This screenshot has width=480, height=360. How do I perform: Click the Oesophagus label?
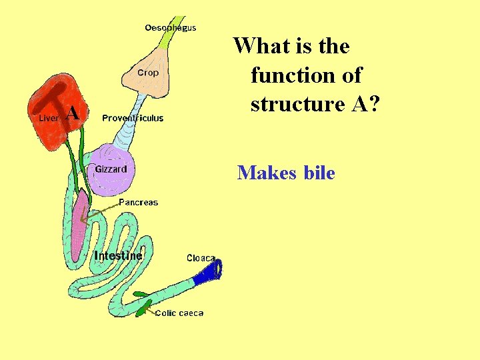click(x=171, y=27)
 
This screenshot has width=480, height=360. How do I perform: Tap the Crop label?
click(x=148, y=73)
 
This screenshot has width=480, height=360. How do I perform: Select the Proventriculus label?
click(x=133, y=118)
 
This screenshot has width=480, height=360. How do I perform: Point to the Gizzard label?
click(x=111, y=169)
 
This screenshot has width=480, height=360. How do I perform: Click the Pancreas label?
click(x=139, y=202)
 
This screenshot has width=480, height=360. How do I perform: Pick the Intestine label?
click(x=118, y=255)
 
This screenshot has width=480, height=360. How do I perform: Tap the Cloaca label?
click(x=201, y=258)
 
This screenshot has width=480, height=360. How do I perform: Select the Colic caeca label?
click(x=179, y=313)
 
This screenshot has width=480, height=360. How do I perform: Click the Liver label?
click(x=49, y=118)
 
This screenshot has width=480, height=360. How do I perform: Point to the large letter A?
click(x=73, y=114)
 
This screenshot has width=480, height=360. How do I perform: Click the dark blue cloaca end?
click(x=213, y=271)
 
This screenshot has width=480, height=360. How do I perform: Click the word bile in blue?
click(x=319, y=173)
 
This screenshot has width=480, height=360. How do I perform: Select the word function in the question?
click(x=306, y=75)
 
